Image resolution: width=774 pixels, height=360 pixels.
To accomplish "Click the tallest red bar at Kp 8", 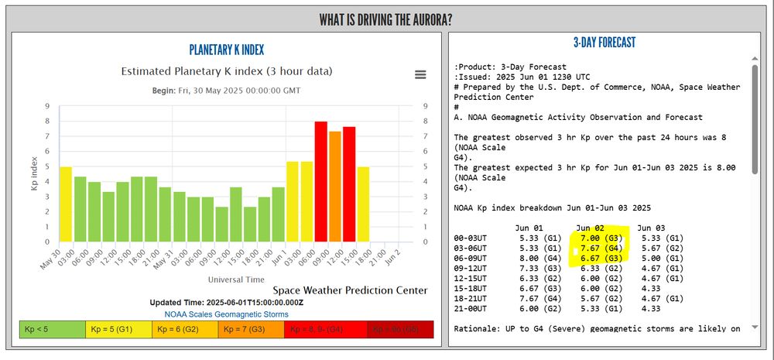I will pos(320,181).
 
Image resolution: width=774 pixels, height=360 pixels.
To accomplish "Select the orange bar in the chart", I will pos(335,186).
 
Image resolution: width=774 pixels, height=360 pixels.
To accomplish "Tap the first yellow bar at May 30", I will pos(66,204).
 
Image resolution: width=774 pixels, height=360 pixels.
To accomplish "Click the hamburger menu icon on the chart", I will pos(420,74).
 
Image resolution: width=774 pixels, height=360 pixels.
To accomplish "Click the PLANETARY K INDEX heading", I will pos(227,50).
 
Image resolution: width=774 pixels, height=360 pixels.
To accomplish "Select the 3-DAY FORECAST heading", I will pos(604,43).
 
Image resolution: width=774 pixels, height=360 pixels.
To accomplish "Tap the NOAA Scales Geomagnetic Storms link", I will pos(227,314).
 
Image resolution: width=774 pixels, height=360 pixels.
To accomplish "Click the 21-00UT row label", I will pos(474,308).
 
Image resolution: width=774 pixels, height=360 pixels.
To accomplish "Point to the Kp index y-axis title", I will pos(34,174).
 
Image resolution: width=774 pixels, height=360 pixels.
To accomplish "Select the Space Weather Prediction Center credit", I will pos(350,290).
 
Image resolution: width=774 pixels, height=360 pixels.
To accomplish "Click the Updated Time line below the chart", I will pos(227,303).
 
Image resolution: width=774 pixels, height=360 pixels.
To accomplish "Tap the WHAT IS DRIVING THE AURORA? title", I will pos(386,19).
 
